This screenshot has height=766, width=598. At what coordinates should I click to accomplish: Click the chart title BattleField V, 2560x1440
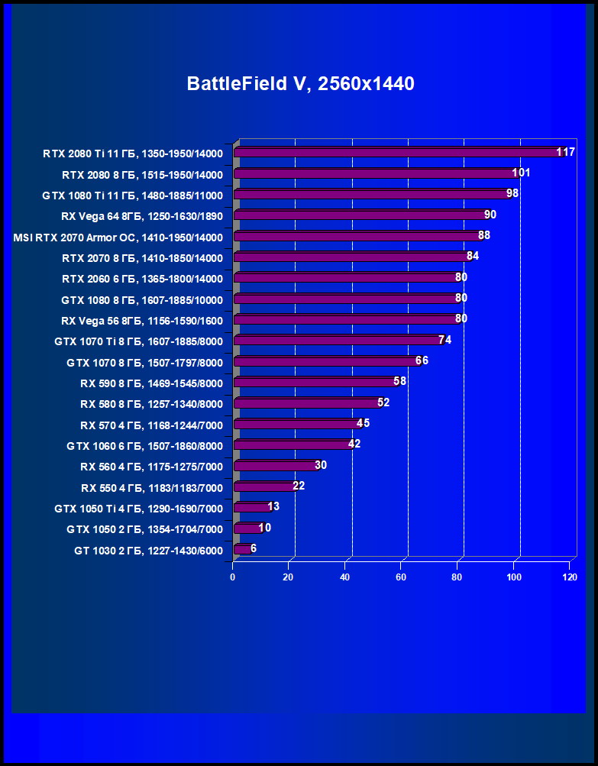tap(300, 84)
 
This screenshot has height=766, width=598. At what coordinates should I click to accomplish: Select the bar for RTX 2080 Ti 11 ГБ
tap(397, 153)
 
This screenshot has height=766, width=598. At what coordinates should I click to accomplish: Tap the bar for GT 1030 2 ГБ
tap(241, 549)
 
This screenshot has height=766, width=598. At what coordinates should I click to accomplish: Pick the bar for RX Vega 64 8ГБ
tap(359, 215)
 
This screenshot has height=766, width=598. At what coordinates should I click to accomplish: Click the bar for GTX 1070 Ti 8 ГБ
tap(336, 341)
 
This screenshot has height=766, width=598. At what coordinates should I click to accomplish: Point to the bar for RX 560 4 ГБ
tap(275, 466)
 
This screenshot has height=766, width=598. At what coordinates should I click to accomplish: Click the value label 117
tap(565, 153)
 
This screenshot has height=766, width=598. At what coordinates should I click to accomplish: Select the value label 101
tap(521, 173)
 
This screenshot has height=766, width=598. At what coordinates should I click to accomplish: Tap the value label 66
tap(422, 360)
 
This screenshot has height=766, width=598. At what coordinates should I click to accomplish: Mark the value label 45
tap(363, 423)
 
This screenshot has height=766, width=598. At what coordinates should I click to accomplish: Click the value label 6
tap(254, 548)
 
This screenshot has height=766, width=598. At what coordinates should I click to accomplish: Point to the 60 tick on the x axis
tap(401, 577)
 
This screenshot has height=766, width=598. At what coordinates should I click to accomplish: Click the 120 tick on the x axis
tap(569, 577)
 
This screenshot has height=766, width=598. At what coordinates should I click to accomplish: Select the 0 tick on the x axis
tap(233, 577)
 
